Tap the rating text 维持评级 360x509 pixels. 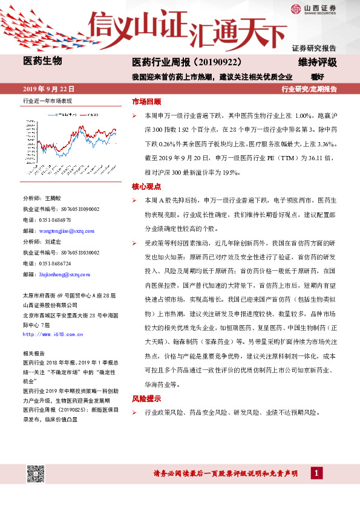317,62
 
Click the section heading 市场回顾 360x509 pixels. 146,102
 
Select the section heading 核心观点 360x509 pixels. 146,187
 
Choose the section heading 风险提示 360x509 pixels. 146,399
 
